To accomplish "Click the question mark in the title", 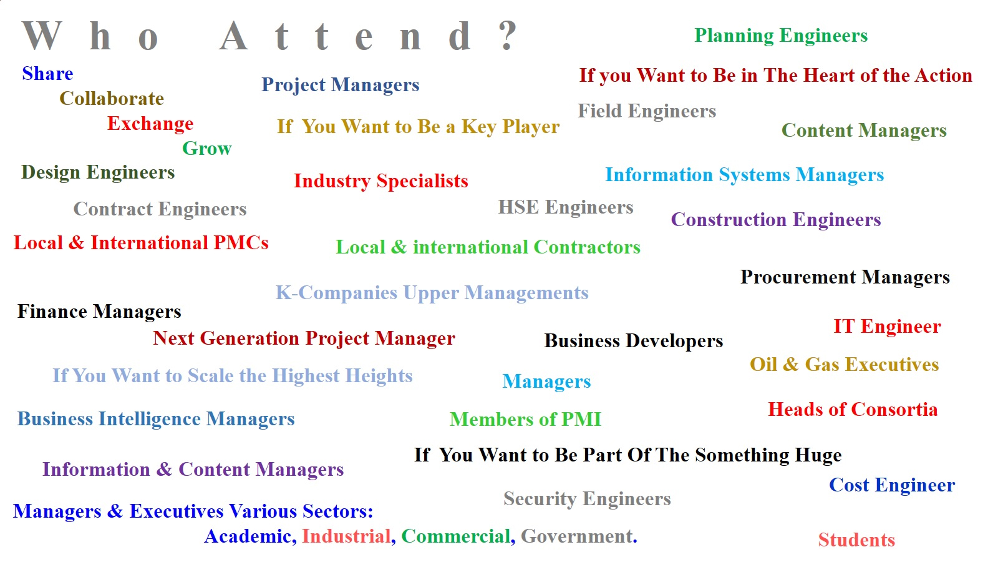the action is pos(508,36).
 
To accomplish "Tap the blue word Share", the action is pos(47,74).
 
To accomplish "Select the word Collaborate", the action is pos(112,99).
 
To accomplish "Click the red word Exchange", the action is pos(150,124).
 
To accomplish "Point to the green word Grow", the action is pos(206,148).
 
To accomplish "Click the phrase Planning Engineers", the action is pos(781,36).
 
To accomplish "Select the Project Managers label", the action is pos(341,85).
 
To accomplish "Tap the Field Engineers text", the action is pos(647,111).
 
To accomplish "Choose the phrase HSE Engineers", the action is pos(565,207).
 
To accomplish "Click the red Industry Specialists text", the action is pos(381,181).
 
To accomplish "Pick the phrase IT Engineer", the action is pos(887,327).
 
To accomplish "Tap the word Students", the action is pos(856,540).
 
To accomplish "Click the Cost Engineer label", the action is pos(892,485).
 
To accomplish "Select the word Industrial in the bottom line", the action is pos(346,536).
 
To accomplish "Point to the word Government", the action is pos(577,536).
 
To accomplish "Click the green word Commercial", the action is pos(456,536).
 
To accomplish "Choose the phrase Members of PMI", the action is pos(525,419).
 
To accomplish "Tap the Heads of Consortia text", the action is pos(853,410).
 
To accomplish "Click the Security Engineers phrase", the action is pos(587,499).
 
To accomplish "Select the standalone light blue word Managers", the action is pos(546,382).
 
